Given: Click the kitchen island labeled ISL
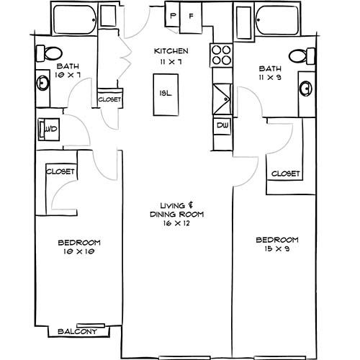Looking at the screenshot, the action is pos(166,95).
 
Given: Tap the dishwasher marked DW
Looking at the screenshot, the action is pos(222,126).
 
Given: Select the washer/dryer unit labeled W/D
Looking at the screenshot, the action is pos(49,130).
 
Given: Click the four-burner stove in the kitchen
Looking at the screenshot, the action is pos(221,55).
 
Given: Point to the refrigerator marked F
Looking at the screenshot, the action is pos(192,17).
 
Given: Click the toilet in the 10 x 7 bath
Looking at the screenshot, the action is pos(49,53).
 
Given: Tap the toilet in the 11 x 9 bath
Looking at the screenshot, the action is pos(302,56).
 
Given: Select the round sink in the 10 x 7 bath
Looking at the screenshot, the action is pos(42,83).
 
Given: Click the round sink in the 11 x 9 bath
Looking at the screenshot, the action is pos(306,89).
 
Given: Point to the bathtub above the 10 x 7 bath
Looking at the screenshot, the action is pos(75,19).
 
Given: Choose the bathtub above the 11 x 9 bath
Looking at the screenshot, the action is pos(277,20).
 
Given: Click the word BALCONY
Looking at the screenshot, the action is pos(78,331).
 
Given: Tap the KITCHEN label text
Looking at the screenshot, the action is pos(171,51).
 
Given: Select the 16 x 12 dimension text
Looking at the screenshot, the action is pos(176,223).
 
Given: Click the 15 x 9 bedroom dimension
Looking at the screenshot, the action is pos(277,248).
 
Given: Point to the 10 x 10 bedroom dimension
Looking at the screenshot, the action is pos(79,251).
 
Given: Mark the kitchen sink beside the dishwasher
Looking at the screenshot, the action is pos(222,99).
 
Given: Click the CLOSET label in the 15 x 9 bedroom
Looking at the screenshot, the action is pos(286,174).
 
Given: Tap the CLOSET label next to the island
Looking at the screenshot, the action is pos(109,99).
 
